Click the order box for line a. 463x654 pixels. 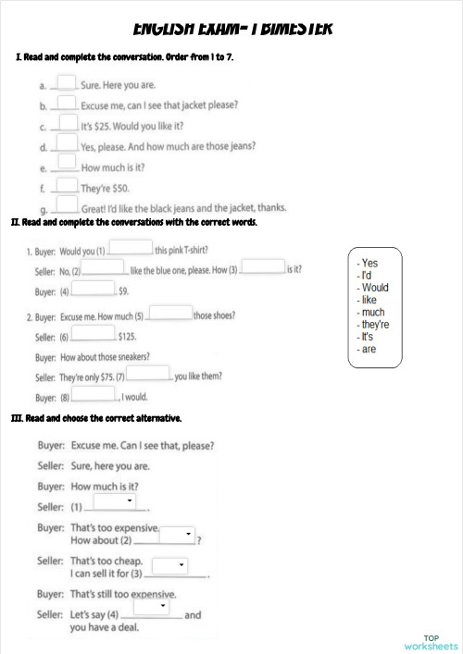67,82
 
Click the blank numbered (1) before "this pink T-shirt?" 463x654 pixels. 131,247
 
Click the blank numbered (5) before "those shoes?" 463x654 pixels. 169,313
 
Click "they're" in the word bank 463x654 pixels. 374,325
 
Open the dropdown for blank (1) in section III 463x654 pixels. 116,500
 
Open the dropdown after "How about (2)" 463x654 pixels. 176,535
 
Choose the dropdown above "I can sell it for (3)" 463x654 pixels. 169,565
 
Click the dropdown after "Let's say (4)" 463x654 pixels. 151,606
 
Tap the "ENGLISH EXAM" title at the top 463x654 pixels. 232,28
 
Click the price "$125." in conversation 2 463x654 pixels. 127,337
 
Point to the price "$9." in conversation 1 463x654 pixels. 123,291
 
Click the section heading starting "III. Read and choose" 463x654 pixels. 96,418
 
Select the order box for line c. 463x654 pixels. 67,122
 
